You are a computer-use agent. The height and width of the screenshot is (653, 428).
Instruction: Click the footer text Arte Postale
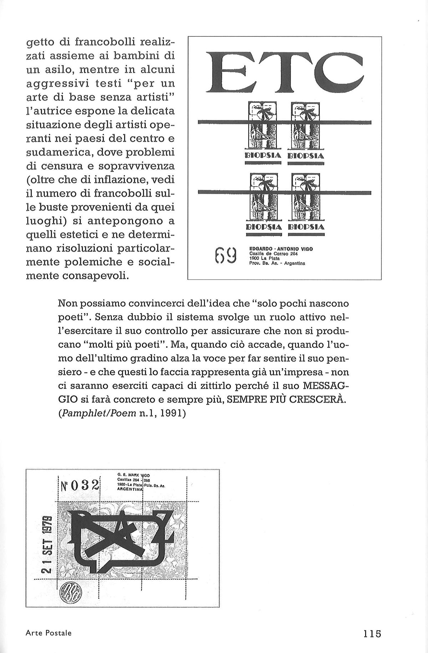(48, 632)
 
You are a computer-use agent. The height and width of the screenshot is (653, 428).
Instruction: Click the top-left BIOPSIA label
(264, 155)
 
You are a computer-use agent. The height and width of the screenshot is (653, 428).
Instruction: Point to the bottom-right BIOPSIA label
(306, 226)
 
